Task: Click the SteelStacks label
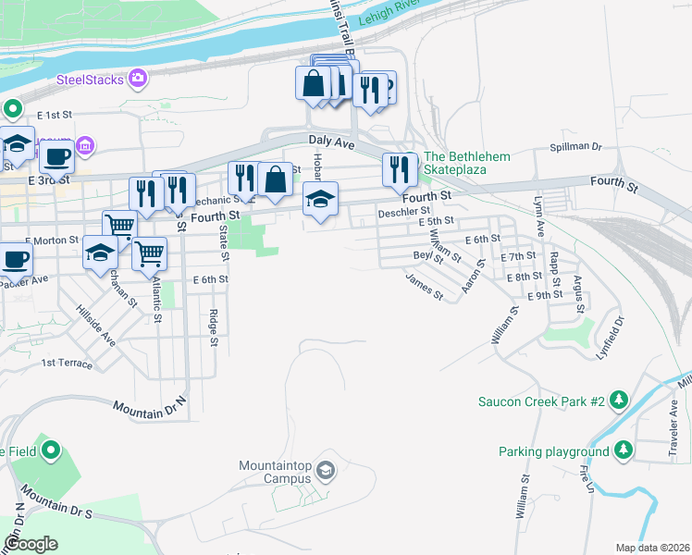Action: (90, 80)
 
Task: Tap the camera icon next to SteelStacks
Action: (138, 79)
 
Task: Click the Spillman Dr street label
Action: (575, 147)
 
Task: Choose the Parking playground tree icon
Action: (624, 450)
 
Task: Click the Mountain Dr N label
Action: (150, 405)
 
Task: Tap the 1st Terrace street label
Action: (67, 364)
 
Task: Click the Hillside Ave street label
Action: (96, 325)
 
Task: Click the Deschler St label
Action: (399, 213)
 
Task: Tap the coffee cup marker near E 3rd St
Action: (56, 156)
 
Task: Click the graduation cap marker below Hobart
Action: (320, 198)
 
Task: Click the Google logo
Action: (31, 544)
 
